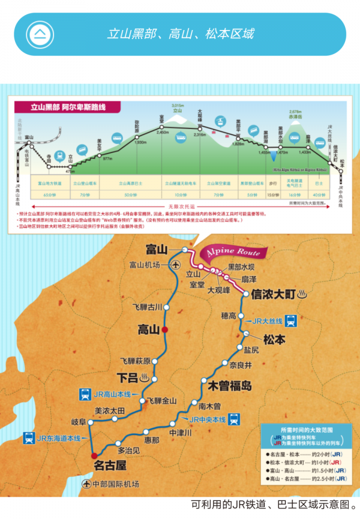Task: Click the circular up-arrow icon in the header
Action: (41, 33)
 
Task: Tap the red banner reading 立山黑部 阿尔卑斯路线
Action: (68, 107)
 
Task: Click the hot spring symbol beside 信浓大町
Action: (303, 294)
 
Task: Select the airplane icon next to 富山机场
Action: (175, 265)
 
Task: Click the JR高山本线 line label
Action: (112, 394)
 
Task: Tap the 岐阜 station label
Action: (79, 422)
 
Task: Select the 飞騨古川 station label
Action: (147, 307)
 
